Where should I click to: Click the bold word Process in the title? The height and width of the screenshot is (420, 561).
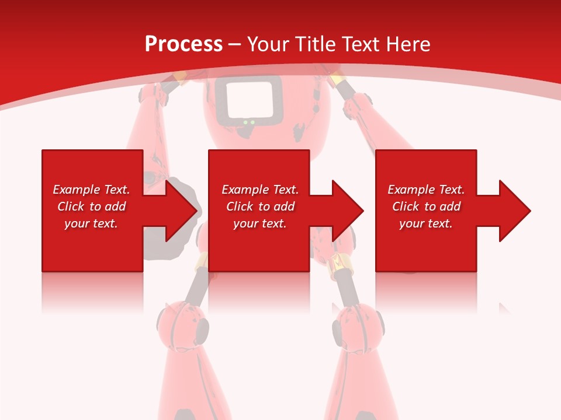183,44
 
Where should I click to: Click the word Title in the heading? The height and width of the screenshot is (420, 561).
316,44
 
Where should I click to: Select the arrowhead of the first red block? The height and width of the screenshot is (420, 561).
178,211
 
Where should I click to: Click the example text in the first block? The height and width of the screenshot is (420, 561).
91,206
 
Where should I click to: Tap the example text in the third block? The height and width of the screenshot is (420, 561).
426,206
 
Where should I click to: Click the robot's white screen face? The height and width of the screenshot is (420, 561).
248,99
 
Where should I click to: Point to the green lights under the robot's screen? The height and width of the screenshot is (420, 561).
249,123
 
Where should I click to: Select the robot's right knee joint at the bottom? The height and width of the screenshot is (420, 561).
358,327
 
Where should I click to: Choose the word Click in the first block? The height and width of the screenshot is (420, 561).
71,206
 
